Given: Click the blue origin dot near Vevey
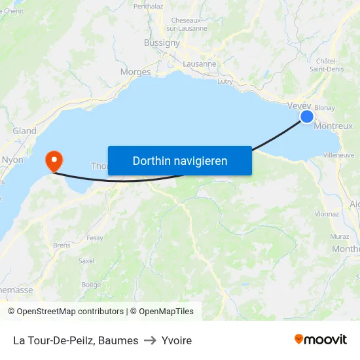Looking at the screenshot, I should pyautogui.click(x=307, y=117).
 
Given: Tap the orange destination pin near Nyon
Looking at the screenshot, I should pyautogui.click(x=53, y=160).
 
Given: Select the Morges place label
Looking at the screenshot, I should pyautogui.click(x=135, y=72).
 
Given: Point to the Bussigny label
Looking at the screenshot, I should pyautogui.click(x=162, y=43).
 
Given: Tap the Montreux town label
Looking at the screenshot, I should pyautogui.click(x=333, y=126).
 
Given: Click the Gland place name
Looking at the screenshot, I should pyautogui.click(x=25, y=131).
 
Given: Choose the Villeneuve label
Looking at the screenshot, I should pyautogui.click(x=338, y=155).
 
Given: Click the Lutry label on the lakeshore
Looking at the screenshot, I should pyautogui.click(x=225, y=81).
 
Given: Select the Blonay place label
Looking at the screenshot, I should pyautogui.click(x=325, y=108).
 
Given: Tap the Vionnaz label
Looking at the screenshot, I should pyautogui.click(x=327, y=213).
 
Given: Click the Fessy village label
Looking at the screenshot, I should pyautogui.click(x=95, y=238).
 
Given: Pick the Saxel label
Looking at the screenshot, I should pyautogui.click(x=86, y=260).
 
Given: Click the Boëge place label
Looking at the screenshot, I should pyautogui.click(x=91, y=285).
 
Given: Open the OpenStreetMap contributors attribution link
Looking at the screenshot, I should pyautogui.click(x=70, y=312).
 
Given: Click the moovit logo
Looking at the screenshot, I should pyautogui.click(x=321, y=339).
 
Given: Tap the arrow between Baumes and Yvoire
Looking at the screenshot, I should pyautogui.click(x=150, y=340).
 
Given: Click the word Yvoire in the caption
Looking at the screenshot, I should pyautogui.click(x=177, y=340).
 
